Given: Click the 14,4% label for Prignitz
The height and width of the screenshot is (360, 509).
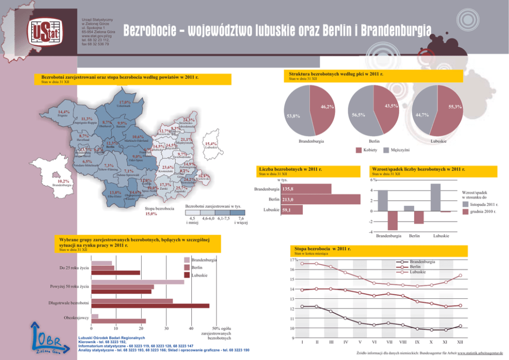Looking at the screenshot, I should [x=64, y=112].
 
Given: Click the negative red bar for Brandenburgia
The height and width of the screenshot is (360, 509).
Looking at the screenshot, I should [x=393, y=220].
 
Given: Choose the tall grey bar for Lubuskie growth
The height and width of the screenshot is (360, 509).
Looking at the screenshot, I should [x=436, y=197].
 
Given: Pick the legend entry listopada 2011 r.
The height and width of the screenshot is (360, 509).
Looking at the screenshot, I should [x=465, y=204].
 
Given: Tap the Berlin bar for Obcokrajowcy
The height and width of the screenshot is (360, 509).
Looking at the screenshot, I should [x=119, y=321].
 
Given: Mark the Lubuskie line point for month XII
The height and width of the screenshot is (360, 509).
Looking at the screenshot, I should [x=460, y=275].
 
